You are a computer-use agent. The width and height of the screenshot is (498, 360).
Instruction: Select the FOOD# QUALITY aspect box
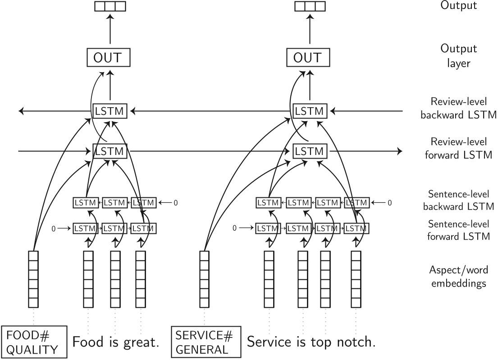click(35, 342)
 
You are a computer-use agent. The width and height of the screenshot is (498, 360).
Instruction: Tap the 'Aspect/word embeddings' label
click(458, 276)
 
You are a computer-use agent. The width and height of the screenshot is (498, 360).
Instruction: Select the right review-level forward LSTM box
click(310, 150)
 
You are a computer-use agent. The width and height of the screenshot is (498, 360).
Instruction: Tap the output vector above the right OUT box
click(310, 6)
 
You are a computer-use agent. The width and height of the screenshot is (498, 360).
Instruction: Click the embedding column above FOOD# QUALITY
click(34, 278)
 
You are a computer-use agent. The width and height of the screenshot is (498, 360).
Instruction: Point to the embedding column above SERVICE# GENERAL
click(204, 278)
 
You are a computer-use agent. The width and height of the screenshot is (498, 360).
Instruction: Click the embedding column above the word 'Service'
click(269, 278)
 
